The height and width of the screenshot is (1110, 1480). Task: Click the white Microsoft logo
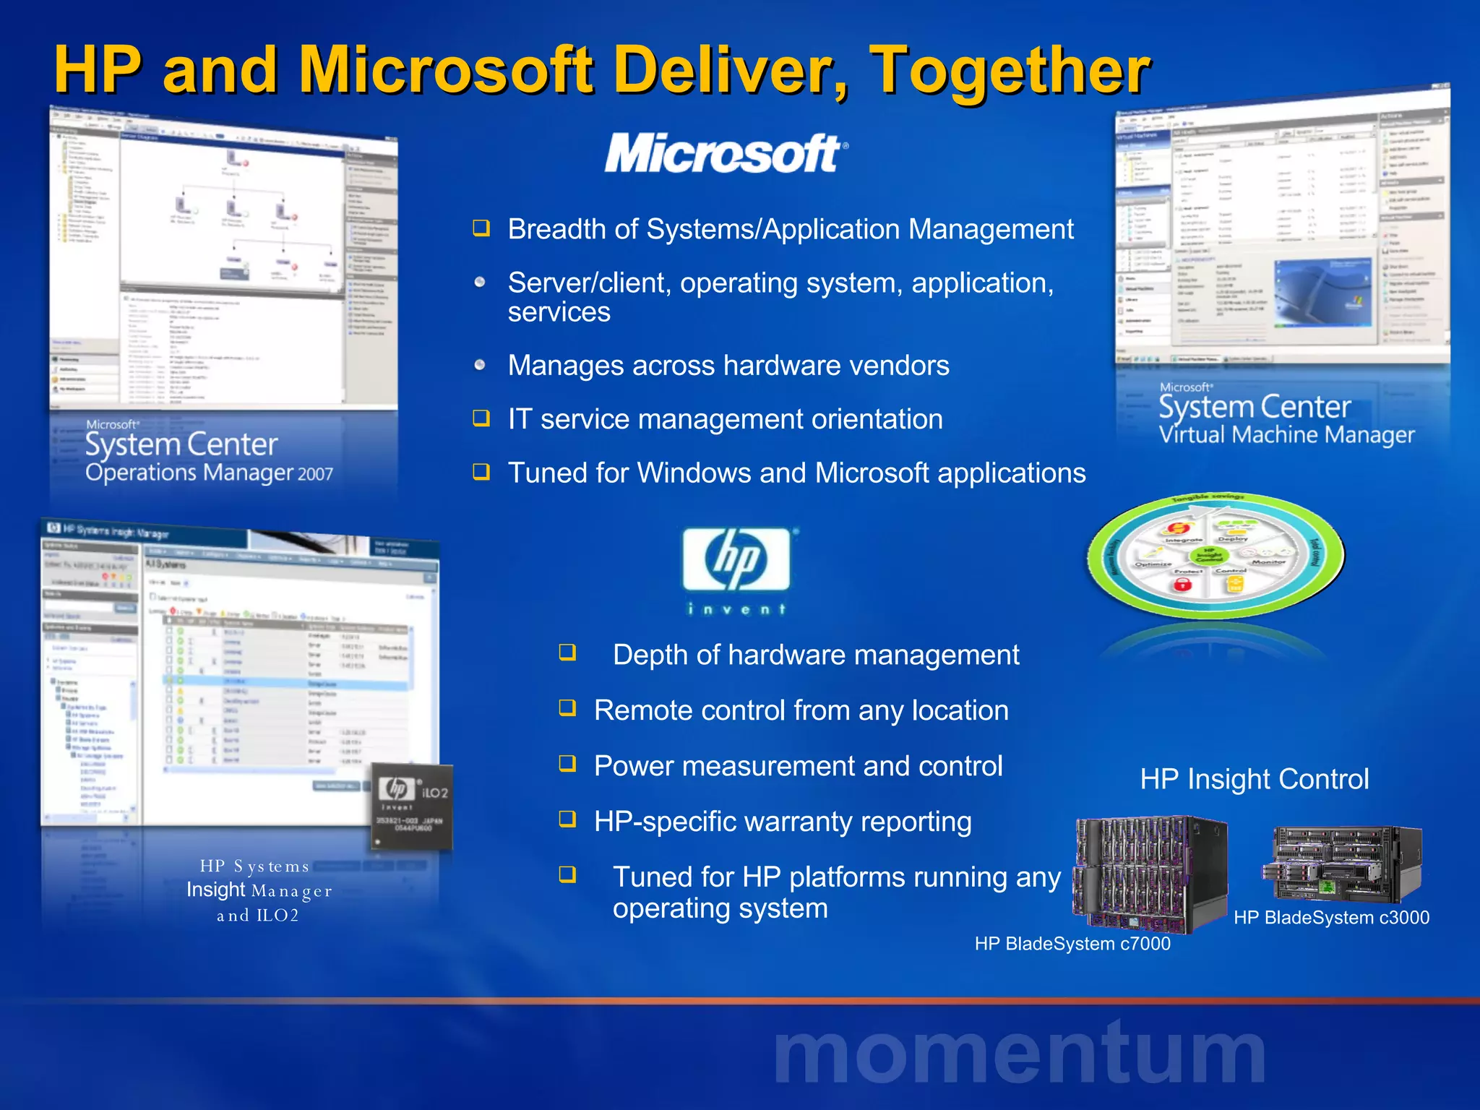point(726,153)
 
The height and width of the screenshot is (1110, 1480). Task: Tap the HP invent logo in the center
point(737,569)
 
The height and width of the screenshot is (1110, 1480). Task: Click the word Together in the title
point(1009,70)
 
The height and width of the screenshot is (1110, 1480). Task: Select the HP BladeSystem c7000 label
point(1072,944)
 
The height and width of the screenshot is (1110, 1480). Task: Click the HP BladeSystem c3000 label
point(1331,918)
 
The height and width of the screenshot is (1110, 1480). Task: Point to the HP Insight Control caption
point(1254,779)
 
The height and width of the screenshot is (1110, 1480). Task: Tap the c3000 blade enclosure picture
point(1343,864)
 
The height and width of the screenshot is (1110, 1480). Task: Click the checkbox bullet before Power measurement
point(568,764)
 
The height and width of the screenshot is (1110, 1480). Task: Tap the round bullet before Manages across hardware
point(480,365)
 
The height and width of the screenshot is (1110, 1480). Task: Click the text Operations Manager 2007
point(209,473)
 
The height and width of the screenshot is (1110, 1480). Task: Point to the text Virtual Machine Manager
point(1286,435)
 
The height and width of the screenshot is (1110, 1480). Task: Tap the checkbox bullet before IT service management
point(481,418)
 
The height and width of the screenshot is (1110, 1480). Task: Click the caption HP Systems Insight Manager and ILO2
point(258,890)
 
